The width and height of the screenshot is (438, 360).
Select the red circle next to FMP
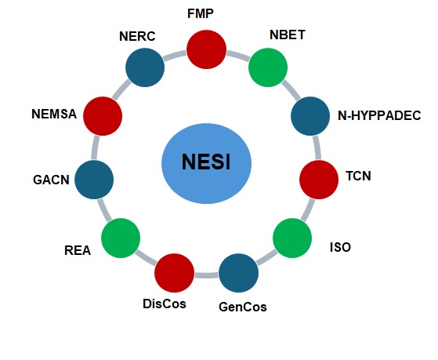click(207, 49)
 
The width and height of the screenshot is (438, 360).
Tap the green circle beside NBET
click(269, 67)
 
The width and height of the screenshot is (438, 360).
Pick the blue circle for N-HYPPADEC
click(311, 116)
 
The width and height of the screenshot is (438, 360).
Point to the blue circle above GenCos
click(238, 272)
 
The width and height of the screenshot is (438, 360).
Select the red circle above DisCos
click(175, 272)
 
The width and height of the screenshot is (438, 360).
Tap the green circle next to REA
click(121, 237)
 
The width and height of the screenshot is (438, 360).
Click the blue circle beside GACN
click(94, 179)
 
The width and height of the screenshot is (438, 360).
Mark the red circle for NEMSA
click(103, 116)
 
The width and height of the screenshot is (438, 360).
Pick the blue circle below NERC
click(144, 67)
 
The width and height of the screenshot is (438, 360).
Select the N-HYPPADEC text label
click(379, 116)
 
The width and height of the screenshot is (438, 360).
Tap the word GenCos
click(242, 307)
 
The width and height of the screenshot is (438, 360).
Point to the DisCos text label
click(165, 303)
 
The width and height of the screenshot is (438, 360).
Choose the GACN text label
click(52, 180)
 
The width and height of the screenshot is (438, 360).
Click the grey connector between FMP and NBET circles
click(238, 54)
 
